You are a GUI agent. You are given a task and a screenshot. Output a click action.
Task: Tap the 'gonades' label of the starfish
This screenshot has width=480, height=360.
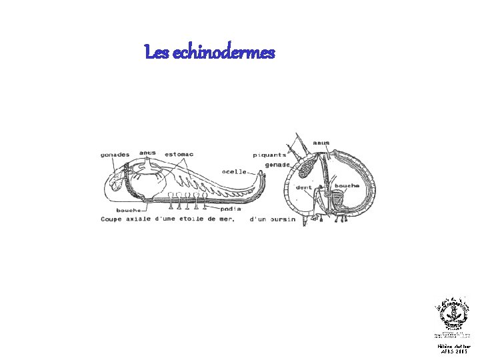tap(115, 155)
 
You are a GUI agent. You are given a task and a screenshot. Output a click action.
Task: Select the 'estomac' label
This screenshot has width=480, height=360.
tap(179, 155)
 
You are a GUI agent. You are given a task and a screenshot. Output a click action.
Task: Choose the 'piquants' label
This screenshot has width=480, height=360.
tap(273, 155)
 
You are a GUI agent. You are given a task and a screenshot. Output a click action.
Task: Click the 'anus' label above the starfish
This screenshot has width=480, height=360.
tap(147, 153)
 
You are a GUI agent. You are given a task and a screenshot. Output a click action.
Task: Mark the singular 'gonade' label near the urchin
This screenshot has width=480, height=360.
tap(277, 164)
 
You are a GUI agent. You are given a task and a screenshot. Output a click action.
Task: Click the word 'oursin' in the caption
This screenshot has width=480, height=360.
tap(282, 219)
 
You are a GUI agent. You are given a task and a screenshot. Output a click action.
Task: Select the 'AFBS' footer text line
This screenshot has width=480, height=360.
tap(453, 352)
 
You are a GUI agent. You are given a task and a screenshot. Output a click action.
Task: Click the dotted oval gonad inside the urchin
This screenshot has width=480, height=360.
tap(309, 168)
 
